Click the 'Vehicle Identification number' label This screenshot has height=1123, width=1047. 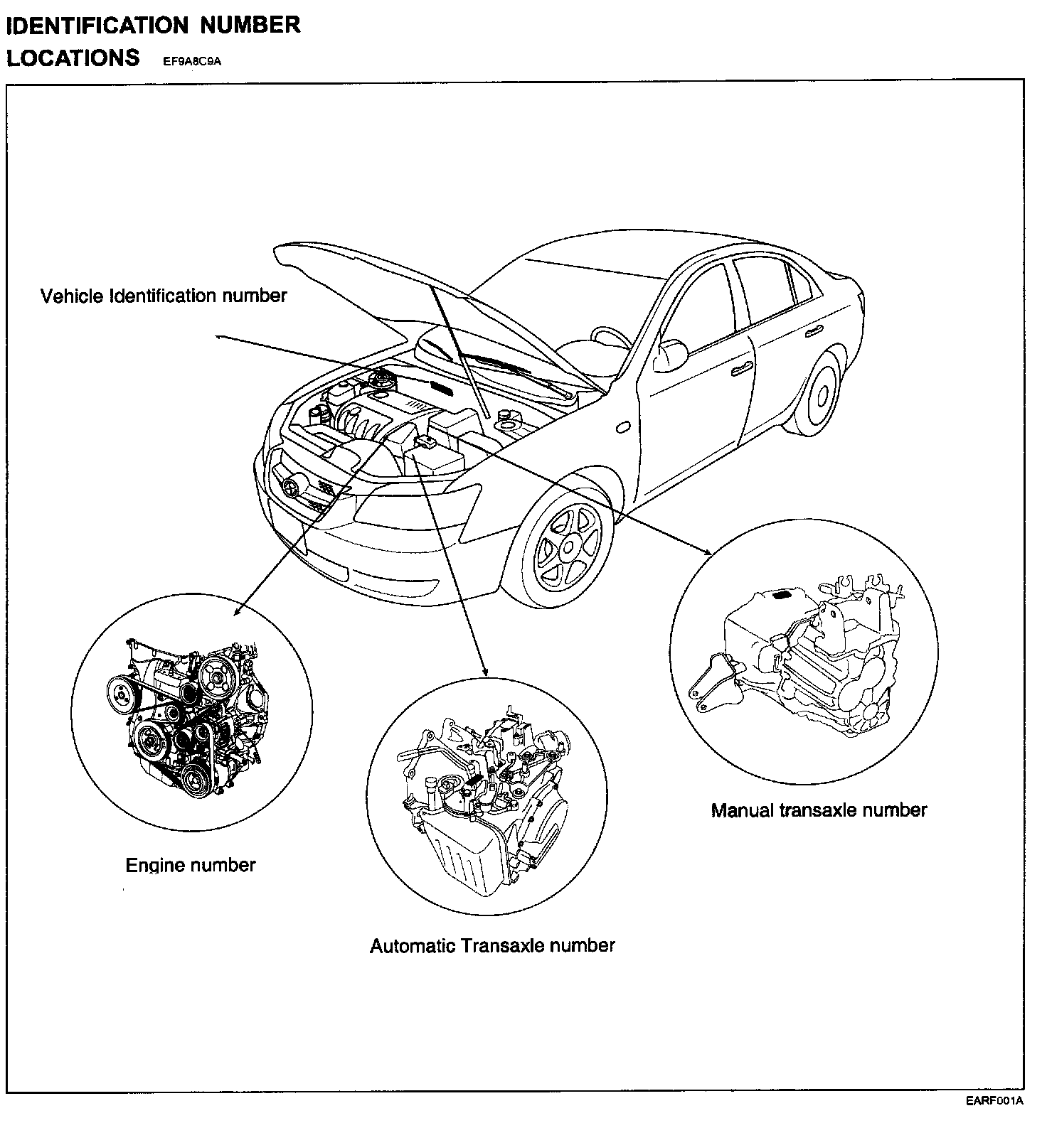tap(164, 296)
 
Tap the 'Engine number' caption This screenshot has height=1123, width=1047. tap(191, 865)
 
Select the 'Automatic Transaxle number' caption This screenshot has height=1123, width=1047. tap(492, 945)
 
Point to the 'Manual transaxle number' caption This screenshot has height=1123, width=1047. tap(819, 810)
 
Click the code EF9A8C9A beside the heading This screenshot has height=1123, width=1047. tap(193, 61)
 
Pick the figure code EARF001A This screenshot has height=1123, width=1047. tap(994, 1102)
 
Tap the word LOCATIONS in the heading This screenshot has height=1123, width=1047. tap(73, 57)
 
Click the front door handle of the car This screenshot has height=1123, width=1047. tap(743, 367)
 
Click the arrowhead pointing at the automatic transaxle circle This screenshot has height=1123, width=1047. tap(485, 672)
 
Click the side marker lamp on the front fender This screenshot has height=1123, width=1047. tap(624, 427)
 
